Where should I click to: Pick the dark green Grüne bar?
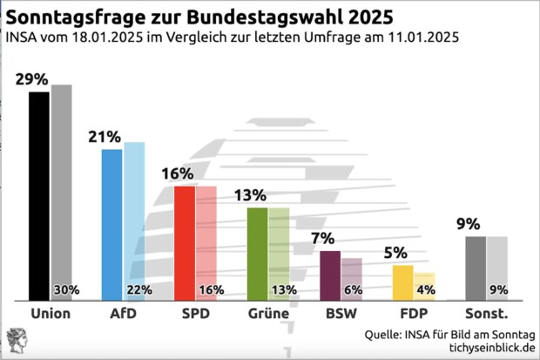click(258, 254)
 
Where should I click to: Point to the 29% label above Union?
click(31, 79)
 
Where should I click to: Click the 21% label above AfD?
click(105, 137)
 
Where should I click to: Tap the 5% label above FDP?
click(395, 253)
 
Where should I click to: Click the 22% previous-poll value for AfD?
click(140, 290)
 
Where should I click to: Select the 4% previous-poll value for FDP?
click(425, 290)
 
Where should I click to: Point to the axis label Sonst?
click(486, 313)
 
